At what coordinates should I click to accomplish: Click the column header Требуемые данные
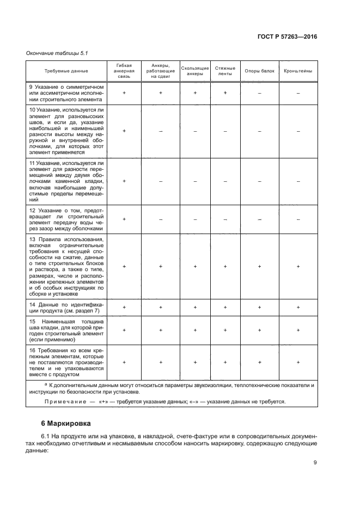66,71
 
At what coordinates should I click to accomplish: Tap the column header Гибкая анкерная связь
124,71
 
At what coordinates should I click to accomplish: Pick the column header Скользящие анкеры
194,71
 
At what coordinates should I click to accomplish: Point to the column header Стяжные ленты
225,71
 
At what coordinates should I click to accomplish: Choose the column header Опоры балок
259,71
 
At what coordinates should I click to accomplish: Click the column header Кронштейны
298,71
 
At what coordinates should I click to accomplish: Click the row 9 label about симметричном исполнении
66,93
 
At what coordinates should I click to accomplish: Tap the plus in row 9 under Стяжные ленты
225,93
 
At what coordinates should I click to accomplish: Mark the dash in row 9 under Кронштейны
298,94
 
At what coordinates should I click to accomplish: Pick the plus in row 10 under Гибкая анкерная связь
124,131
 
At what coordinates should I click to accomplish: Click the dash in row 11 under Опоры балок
259,181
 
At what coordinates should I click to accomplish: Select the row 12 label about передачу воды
66,219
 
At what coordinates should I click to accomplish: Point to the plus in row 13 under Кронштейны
298,266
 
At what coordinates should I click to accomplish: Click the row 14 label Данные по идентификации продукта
66,308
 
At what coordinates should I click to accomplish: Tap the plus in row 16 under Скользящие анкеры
194,361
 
